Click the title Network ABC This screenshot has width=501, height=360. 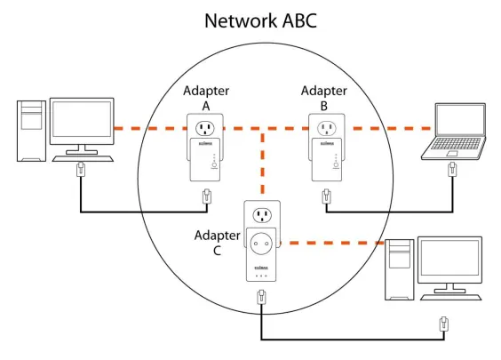tap(260, 20)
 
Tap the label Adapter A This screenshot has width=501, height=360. tap(206, 98)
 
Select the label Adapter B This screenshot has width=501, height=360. tap(324, 98)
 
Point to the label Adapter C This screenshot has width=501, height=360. tap(218, 243)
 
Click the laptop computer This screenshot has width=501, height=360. tap(454, 132)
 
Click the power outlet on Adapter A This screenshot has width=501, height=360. tap(205, 129)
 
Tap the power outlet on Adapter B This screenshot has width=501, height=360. tap(327, 129)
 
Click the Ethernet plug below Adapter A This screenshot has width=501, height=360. tap(207, 196)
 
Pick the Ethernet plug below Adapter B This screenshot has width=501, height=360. tap(326, 196)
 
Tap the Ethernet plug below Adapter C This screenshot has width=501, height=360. tap(262, 297)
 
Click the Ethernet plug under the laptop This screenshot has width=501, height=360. tap(452, 169)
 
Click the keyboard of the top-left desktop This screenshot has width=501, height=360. tap(83, 158)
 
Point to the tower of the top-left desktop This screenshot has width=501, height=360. tap(31, 131)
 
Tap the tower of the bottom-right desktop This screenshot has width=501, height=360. tap(400, 269)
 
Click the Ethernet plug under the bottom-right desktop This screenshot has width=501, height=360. tap(444, 324)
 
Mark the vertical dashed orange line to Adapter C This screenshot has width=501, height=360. tap(263, 163)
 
